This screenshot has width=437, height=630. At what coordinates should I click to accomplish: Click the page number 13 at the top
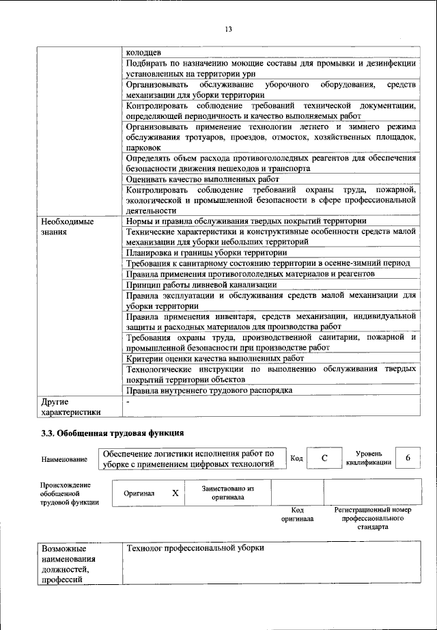click(x=228, y=28)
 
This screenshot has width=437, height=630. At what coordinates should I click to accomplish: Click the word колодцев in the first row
click(x=143, y=52)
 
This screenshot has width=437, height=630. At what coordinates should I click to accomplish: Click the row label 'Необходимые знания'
click(x=67, y=227)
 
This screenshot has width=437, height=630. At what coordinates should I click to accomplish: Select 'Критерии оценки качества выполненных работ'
click(x=215, y=358)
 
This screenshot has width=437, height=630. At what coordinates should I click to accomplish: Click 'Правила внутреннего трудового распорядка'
click(x=210, y=390)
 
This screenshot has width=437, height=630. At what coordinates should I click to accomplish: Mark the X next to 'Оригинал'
click(x=175, y=493)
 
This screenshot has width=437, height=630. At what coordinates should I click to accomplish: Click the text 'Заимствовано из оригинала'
click(x=228, y=493)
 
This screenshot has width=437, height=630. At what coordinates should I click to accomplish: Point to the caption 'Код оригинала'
click(x=297, y=515)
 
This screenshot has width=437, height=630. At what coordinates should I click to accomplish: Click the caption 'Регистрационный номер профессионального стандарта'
click(x=372, y=519)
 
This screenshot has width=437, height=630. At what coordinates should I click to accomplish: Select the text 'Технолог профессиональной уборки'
click(x=195, y=549)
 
